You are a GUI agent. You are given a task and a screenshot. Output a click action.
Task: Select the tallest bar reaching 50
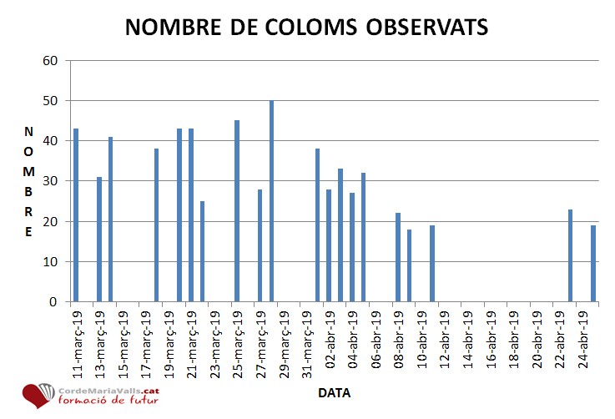coord(271,201)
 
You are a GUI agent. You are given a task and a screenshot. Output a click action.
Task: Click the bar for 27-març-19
coord(260,245)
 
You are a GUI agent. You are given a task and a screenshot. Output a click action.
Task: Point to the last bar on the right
coord(593,264)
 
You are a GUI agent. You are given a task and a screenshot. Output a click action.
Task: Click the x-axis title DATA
coord(334,392)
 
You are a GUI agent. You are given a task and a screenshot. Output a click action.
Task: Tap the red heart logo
coord(38,396)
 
